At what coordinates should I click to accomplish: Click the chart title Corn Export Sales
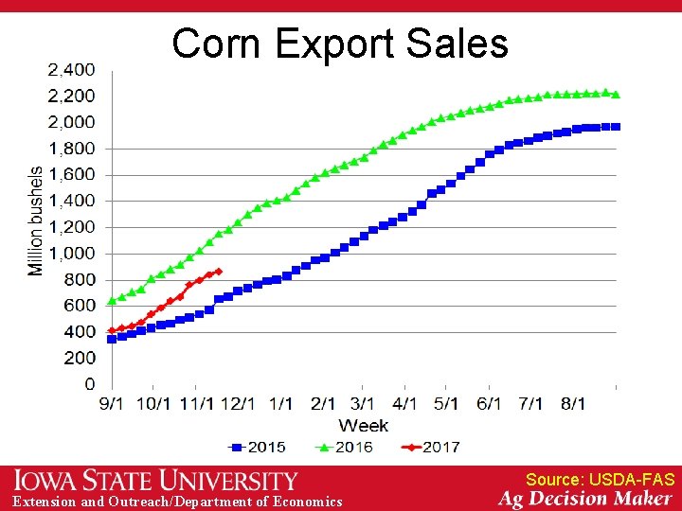pos(340,44)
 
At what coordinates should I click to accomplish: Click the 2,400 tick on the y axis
pos(71,70)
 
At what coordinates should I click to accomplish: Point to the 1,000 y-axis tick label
pos(71,254)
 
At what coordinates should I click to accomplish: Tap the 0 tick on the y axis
pos(89,384)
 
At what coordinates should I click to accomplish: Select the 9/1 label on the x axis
pos(112,403)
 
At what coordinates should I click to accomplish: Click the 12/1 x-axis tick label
pos(238,403)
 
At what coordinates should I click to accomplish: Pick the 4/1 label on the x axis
pos(404,403)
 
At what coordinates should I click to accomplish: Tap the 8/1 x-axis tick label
pos(573,403)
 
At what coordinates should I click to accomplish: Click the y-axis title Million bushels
pos(36,221)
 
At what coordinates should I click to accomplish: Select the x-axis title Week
pos(363,426)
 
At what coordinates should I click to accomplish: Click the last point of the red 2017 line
pos(219,272)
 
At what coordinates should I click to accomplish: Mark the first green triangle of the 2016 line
pos(112,301)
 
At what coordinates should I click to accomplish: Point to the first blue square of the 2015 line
pos(112,339)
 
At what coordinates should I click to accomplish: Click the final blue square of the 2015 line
pos(616,127)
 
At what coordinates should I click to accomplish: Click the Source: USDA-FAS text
pos(600,480)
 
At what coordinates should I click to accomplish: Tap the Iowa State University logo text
pos(156,481)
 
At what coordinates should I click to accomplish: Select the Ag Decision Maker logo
pos(586,499)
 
